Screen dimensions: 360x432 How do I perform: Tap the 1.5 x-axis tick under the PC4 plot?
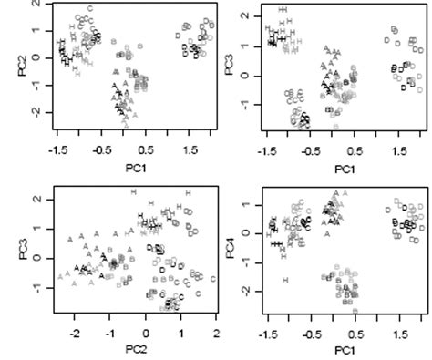(398, 335)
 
